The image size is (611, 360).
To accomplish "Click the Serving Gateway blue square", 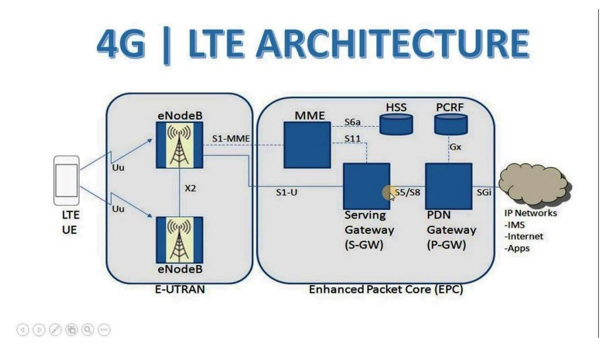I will coord(367,186).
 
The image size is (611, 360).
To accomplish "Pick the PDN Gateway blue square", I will coord(448,186).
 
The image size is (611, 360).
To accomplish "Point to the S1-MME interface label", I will coord(231,138).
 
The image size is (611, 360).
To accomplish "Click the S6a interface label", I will coord(352,122).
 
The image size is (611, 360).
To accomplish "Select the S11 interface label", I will coord(352,138).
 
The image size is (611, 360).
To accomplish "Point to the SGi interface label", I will coord(484,193).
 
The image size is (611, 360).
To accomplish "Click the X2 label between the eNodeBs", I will coord(190,188).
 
